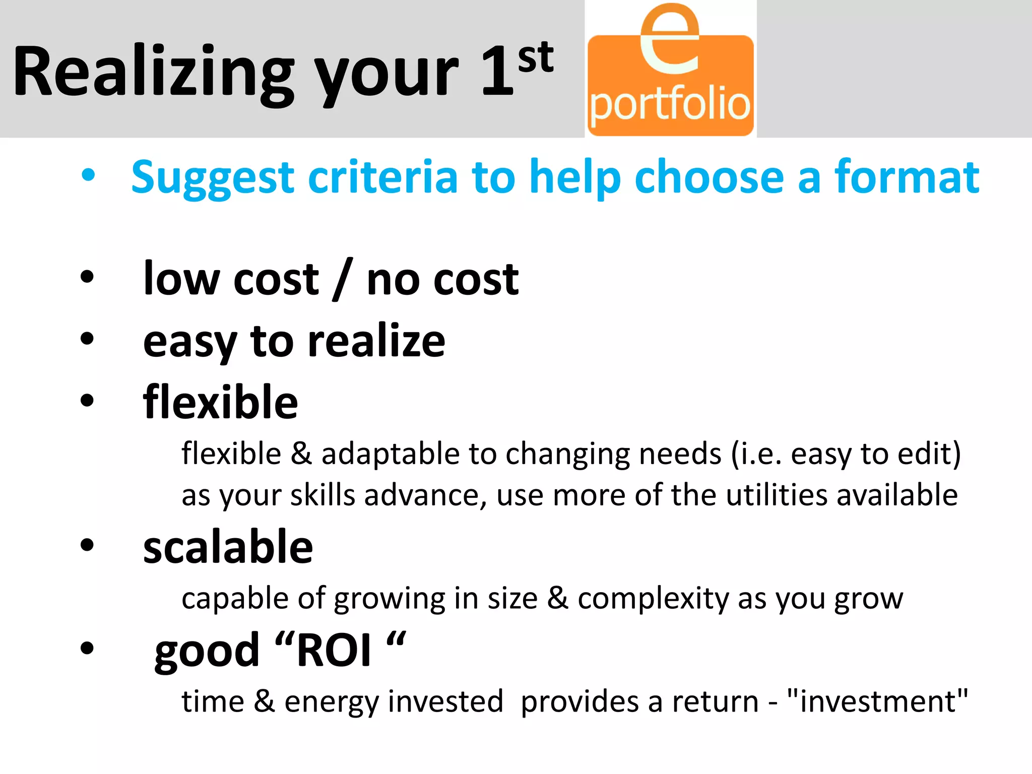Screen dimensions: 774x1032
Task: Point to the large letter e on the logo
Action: click(x=670, y=40)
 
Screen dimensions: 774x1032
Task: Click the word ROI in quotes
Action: click(x=334, y=651)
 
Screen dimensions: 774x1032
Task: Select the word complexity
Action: click(x=653, y=598)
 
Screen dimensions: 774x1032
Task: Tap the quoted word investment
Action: click(x=877, y=701)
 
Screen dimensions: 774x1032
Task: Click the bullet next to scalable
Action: click(x=87, y=545)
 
